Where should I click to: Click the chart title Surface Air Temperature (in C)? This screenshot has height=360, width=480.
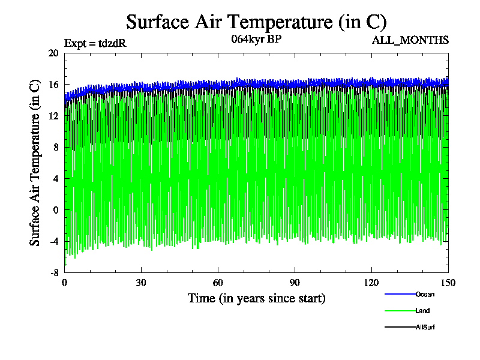[x=256, y=22]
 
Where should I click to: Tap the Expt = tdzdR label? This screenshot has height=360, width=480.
[x=95, y=43]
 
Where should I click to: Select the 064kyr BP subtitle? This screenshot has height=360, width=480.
[x=256, y=40]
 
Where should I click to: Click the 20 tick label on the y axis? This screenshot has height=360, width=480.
[x=53, y=53]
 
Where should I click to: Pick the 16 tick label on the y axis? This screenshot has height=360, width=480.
[x=53, y=85]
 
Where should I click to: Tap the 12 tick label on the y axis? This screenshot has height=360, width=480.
[x=53, y=116]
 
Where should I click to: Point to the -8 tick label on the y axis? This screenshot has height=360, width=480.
[x=53, y=272]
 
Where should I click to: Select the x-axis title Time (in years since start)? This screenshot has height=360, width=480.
[x=256, y=298]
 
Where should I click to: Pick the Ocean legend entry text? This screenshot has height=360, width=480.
[x=425, y=294]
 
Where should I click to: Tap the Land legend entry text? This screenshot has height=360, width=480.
[x=422, y=311]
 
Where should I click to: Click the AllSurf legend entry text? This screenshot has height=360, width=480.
[x=425, y=327]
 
